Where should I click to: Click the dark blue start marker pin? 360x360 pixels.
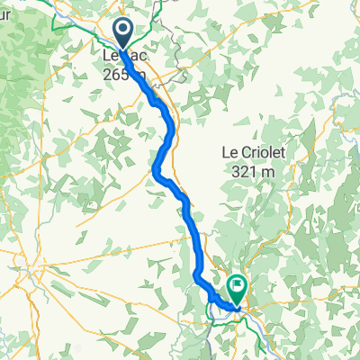click(x=124, y=33)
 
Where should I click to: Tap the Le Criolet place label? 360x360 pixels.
click(x=253, y=154)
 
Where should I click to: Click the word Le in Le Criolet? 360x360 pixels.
click(x=229, y=154)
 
